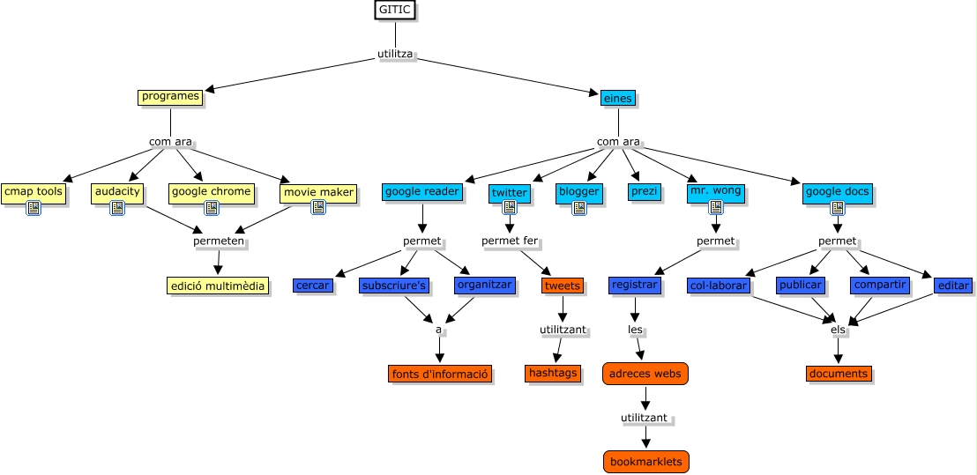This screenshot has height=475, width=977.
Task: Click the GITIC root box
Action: point(393,11)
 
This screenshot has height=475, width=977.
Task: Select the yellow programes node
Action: point(170,97)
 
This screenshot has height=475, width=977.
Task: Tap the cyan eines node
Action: point(617,99)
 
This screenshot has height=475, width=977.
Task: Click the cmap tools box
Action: point(33,191)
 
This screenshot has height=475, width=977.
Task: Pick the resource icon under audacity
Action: point(116,208)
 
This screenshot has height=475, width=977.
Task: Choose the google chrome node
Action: point(211,191)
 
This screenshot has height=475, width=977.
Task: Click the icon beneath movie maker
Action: point(318,208)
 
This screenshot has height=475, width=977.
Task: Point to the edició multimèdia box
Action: point(218,286)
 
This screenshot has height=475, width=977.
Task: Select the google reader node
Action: point(421,191)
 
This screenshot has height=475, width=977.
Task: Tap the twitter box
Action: point(509,193)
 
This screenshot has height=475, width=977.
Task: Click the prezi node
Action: point(644,191)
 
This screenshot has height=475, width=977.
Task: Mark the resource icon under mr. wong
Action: point(716,208)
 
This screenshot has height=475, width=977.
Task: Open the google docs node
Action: point(837,191)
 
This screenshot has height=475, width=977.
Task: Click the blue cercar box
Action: point(312,286)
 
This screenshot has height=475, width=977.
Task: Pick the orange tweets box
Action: point(562,286)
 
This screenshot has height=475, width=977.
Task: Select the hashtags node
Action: point(553,374)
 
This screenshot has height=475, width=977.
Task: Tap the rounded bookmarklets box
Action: point(645,462)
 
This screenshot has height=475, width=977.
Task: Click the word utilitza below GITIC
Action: point(395,55)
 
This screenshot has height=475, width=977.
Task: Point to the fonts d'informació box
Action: point(439,374)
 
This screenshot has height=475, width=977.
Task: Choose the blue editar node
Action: point(952,286)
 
